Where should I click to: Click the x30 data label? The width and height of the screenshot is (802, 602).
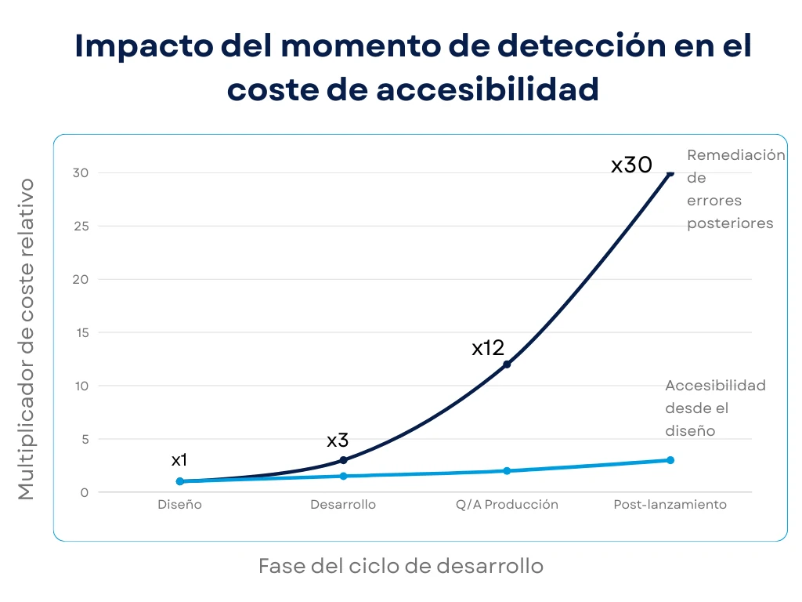pyautogui.click(x=631, y=165)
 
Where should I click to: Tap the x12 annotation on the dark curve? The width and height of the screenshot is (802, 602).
pyautogui.click(x=487, y=348)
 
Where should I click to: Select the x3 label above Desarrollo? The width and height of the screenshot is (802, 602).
pyautogui.click(x=338, y=441)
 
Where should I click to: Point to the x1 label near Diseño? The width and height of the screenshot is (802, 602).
pyautogui.click(x=179, y=460)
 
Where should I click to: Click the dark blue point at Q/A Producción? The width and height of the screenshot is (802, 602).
pyautogui.click(x=507, y=364)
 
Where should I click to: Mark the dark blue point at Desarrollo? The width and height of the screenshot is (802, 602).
pyautogui.click(x=343, y=460)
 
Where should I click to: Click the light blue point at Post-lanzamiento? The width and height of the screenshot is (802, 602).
pyautogui.click(x=670, y=460)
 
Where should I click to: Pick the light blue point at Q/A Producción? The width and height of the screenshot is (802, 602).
pyautogui.click(x=507, y=471)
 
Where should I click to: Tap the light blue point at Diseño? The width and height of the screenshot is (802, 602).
pyautogui.click(x=180, y=481)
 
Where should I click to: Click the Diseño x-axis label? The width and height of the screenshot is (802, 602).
pyautogui.click(x=179, y=505)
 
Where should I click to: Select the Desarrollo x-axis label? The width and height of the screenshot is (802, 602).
pyautogui.click(x=343, y=505)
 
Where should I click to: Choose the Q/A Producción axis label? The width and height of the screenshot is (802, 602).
pyautogui.click(x=507, y=505)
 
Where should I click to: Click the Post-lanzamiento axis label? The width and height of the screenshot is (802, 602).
pyautogui.click(x=670, y=505)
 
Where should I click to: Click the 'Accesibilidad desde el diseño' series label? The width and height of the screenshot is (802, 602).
pyautogui.click(x=714, y=408)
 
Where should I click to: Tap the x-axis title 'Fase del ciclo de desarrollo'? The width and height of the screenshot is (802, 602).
pyautogui.click(x=400, y=566)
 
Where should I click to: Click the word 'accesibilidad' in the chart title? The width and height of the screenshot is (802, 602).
pyautogui.click(x=487, y=89)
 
